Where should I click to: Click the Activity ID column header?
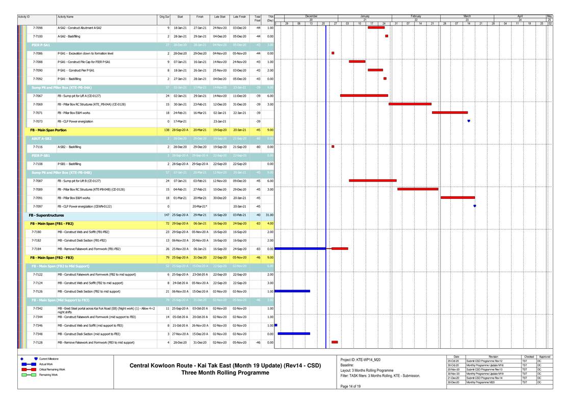pyautogui.click(x=24, y=17)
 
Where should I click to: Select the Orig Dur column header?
pyautogui.click(x=164, y=17)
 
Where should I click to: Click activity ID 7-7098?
pyautogui.click(x=38, y=28)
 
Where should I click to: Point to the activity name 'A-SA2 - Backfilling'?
pyautogui.click(x=69, y=36)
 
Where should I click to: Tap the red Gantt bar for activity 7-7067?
pyautogui.click(x=364, y=95)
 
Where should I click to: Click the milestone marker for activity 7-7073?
pyautogui.click(x=469, y=121)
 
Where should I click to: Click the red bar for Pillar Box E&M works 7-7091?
pyautogui.click(x=457, y=197)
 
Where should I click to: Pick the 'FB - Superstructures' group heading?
pyautogui.click(x=46, y=215)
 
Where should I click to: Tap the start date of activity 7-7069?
pyautogui.click(x=180, y=104)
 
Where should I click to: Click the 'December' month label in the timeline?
pyautogui.click(x=311, y=16)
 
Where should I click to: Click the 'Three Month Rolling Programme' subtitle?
pyautogui.click(x=225, y=373)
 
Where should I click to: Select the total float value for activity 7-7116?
pyautogui.click(x=258, y=146)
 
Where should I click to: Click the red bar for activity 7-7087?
pyautogui.click(x=372, y=180)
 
